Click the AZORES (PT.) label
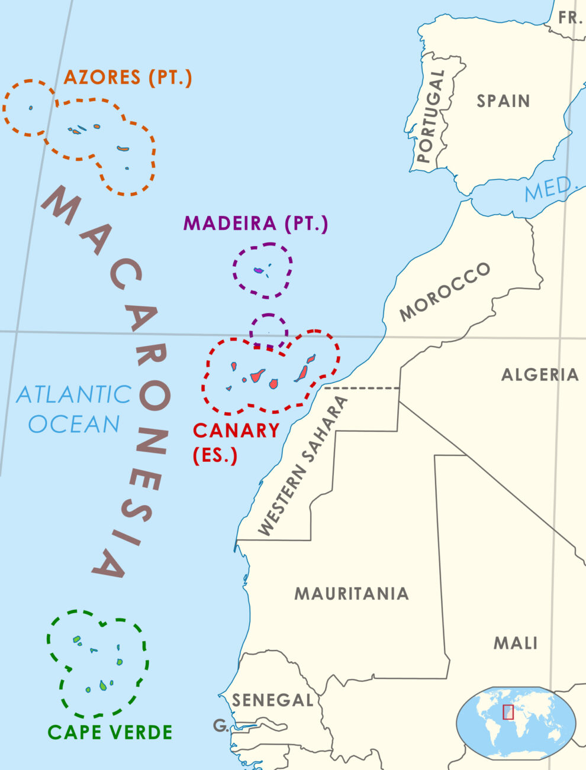[128, 77]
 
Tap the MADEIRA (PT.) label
[256, 223]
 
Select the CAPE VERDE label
[110, 732]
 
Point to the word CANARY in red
[236, 430]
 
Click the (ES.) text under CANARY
[215, 455]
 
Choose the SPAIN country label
[503, 101]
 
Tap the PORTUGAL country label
[431, 117]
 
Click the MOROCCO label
[445, 292]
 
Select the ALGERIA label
[540, 374]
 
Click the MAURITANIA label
[352, 593]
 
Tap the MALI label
[516, 643]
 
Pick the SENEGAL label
[272, 700]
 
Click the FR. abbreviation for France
[571, 18]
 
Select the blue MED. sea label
[550, 189]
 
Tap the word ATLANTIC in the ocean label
[74, 394]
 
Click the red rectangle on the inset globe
[508, 712]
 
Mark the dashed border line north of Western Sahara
[362, 389]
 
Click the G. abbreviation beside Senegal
[221, 726]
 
